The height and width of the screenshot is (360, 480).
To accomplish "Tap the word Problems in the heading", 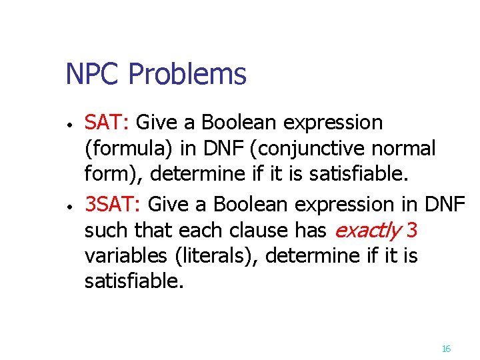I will pos(187,75).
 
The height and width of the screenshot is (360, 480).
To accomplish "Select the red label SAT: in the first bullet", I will pos(109,123).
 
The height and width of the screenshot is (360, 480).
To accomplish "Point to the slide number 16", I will pos(446,349).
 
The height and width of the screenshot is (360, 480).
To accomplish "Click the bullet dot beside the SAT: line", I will pos(69,125).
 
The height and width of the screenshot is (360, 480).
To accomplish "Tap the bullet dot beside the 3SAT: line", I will pos(69,205).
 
